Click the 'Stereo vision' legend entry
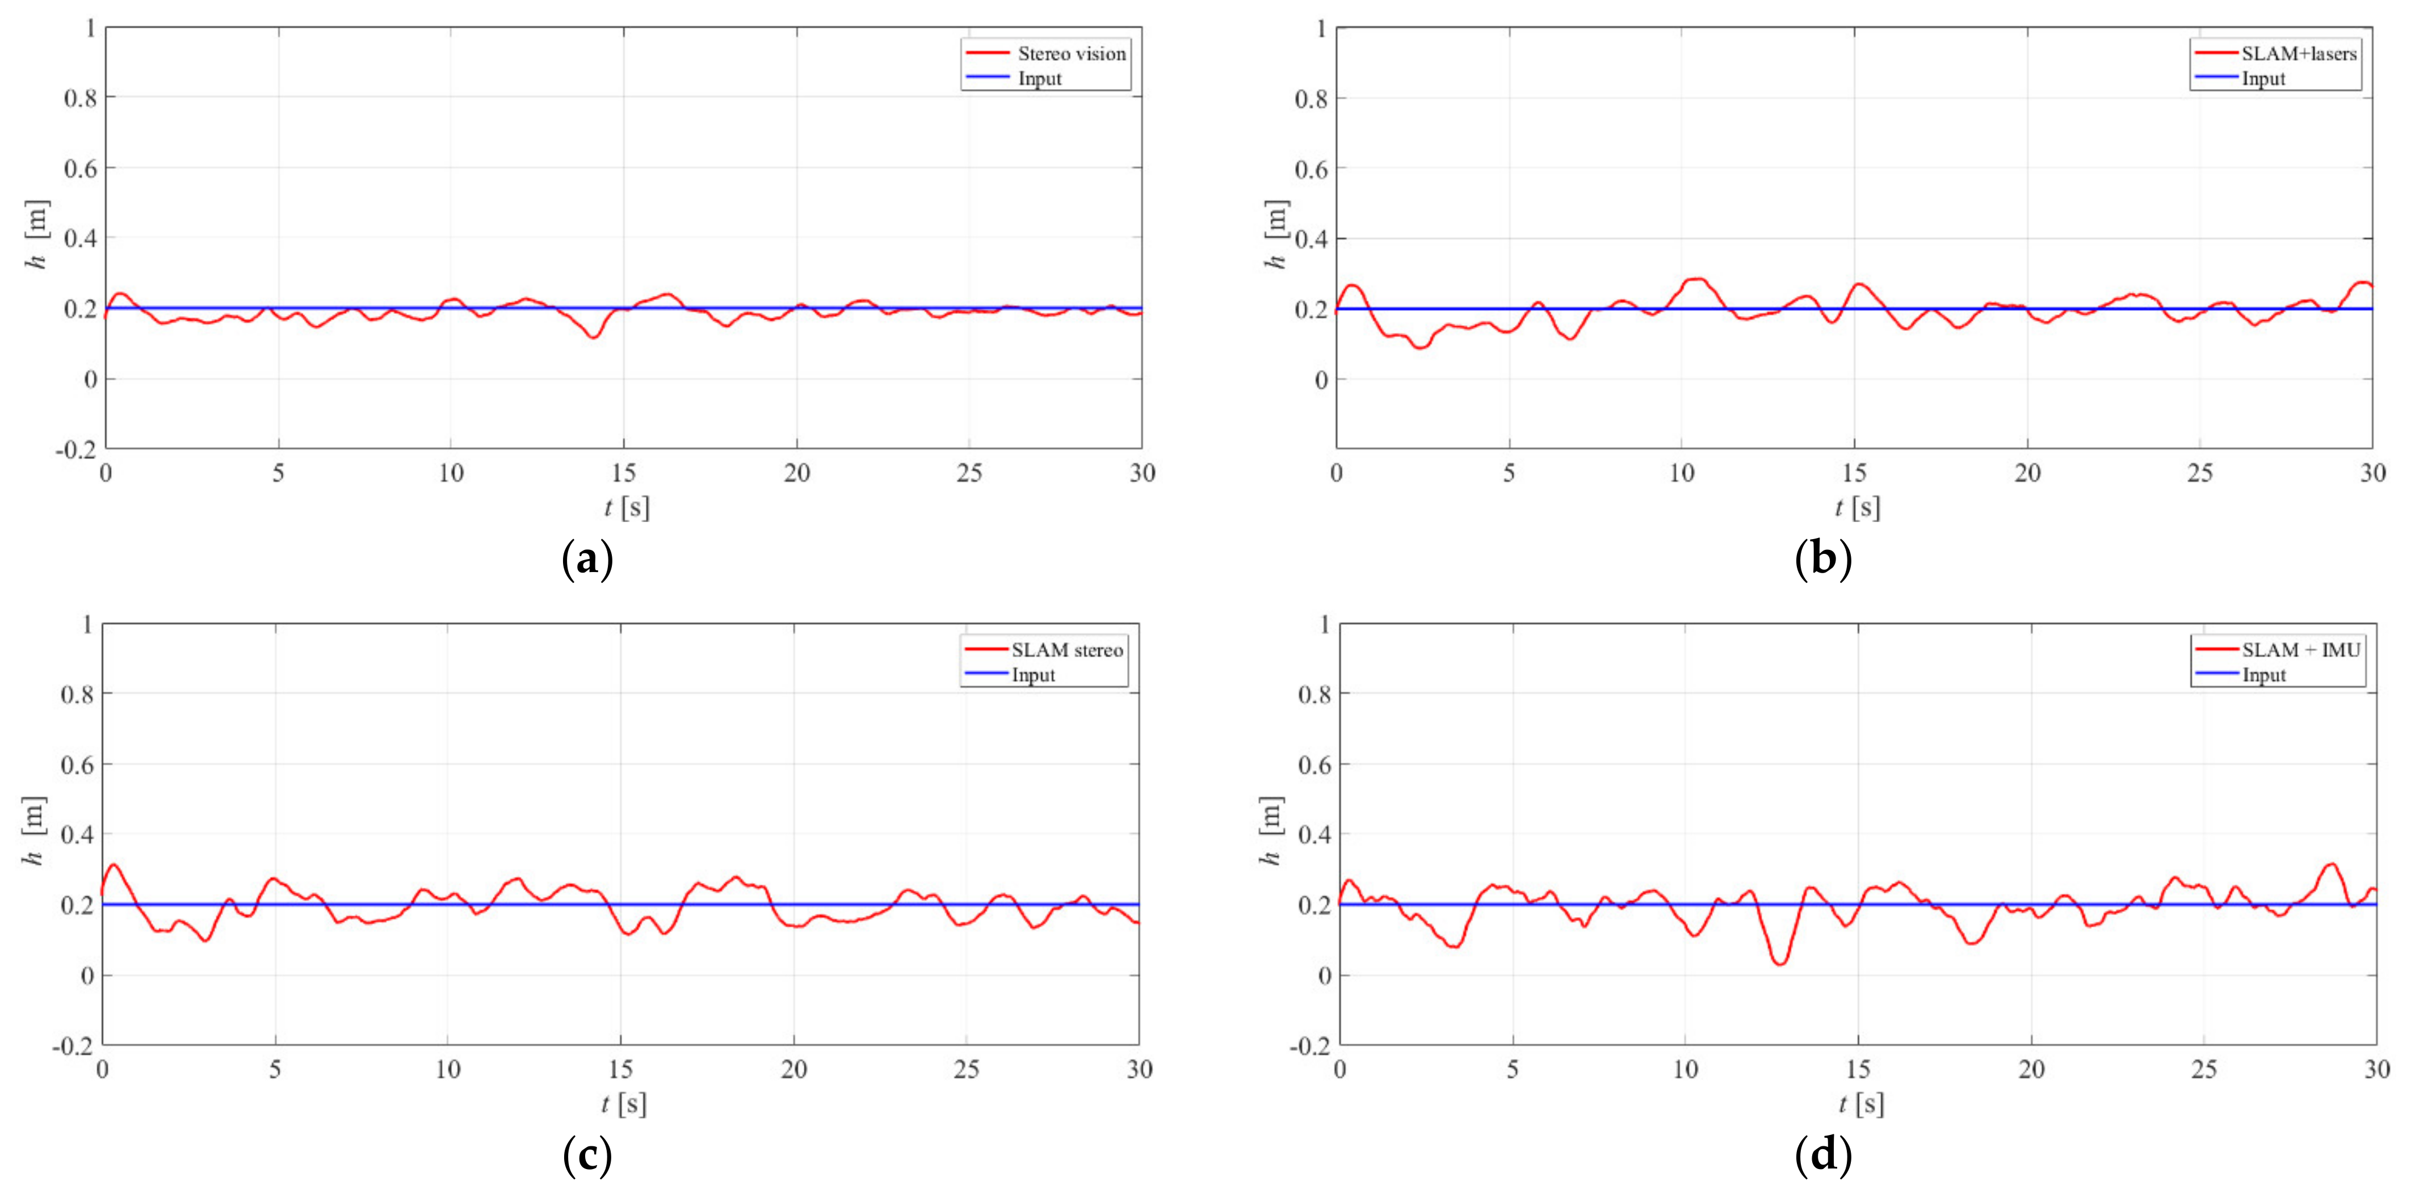point(1071,53)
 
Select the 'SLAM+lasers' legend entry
point(2297,53)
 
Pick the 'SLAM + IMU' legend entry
point(2300,649)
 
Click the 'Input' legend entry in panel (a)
point(1039,79)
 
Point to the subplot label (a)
point(587,560)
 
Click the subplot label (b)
point(1822,560)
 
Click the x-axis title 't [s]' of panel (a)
point(626,508)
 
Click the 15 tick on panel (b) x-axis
point(1854,473)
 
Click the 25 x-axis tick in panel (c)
point(966,1070)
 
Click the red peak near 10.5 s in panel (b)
point(1694,279)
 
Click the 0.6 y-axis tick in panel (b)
point(1310,169)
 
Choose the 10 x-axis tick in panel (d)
point(1685,1070)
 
